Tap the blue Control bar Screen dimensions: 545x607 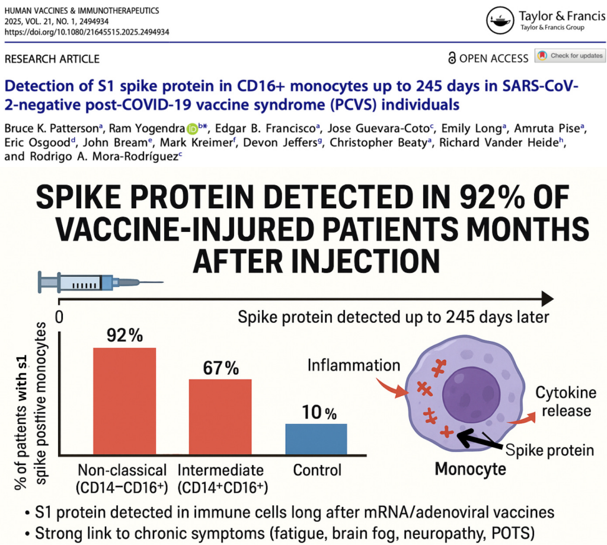pos(316,439)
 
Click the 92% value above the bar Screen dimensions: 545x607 pos(124,336)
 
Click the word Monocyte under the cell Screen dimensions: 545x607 pos(471,469)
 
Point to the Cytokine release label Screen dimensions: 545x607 pos(563,401)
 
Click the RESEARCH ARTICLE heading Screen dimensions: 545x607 pos(52,59)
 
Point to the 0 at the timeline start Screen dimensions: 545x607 pos(59,317)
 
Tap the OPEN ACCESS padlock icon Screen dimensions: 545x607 pos(453,58)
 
